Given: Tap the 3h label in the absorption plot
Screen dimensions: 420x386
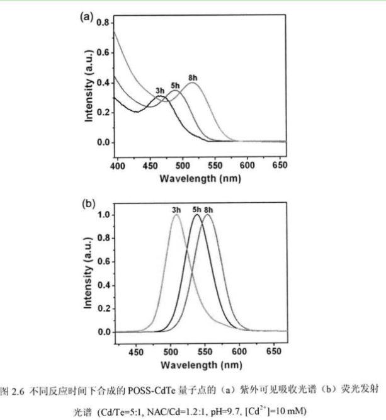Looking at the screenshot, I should (160, 90).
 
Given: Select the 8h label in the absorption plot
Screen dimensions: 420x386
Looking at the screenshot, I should (193, 77).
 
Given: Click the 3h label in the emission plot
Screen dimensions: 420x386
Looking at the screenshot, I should (175, 210).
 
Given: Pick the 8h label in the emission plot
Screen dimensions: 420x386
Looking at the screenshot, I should (208, 210).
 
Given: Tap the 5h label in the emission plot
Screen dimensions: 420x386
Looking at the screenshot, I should (196, 210).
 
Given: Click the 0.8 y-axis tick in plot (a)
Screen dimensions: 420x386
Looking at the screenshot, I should (103, 23).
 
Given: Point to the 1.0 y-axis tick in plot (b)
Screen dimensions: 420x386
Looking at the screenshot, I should (103, 215).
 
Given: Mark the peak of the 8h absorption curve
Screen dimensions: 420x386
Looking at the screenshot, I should (193, 83).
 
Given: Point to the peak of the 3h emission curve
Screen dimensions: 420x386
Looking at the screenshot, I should (176, 215).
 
